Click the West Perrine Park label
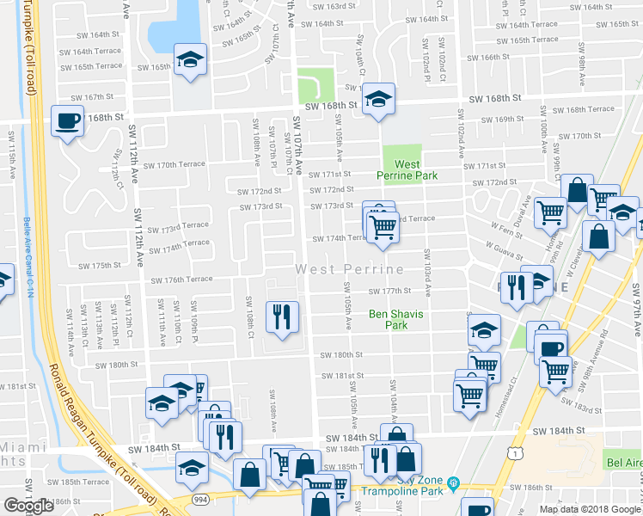coord(407,169)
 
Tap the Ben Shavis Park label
coord(395,320)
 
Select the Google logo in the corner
coord(28,505)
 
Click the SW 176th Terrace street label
coord(181,279)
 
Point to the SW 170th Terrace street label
coord(175,164)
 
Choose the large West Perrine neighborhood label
coord(350,269)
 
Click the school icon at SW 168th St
coord(377,98)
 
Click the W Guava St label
coord(504,247)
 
